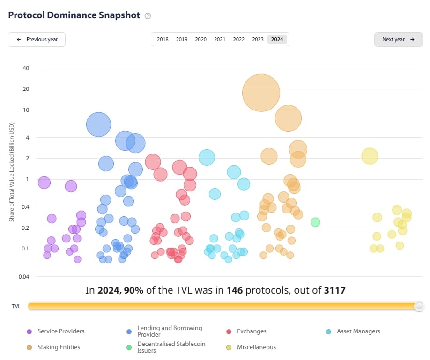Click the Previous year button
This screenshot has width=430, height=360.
[x=37, y=39]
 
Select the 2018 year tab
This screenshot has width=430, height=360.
[x=163, y=39]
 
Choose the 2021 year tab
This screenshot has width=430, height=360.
[x=220, y=39]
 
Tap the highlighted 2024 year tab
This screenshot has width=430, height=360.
[x=277, y=39]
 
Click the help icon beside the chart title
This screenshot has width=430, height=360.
[x=148, y=15]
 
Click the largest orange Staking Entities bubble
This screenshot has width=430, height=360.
[x=261, y=93]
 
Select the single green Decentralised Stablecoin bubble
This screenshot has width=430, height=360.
[x=315, y=222]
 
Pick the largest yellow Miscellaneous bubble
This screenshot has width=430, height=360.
[x=370, y=156]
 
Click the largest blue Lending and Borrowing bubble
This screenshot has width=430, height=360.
[x=98, y=125]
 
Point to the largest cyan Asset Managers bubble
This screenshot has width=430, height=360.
[x=207, y=158]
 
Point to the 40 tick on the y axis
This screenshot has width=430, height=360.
[x=26, y=68]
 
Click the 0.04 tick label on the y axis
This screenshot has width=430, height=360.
[x=23, y=276]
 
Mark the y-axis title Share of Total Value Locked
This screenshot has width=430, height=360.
[x=13, y=172]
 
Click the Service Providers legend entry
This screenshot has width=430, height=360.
[x=61, y=331]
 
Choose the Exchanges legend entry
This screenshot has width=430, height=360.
[x=252, y=331]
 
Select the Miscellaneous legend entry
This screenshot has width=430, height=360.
[x=256, y=347]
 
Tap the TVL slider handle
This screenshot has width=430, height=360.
[x=419, y=306]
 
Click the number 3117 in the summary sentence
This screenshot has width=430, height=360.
[x=334, y=290]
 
